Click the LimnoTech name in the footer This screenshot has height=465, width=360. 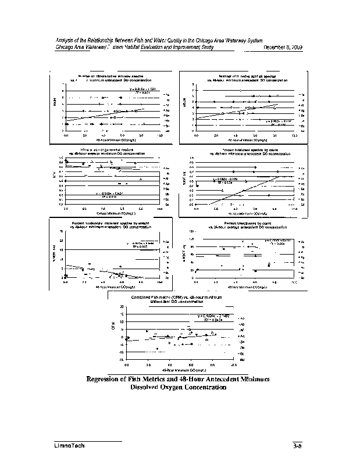(x=67, y=445)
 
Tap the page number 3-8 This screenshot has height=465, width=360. (x=297, y=446)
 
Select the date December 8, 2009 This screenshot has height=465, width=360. (x=282, y=47)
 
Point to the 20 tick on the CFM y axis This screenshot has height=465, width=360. (x=122, y=307)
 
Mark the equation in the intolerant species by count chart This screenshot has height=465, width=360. (x=226, y=179)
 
